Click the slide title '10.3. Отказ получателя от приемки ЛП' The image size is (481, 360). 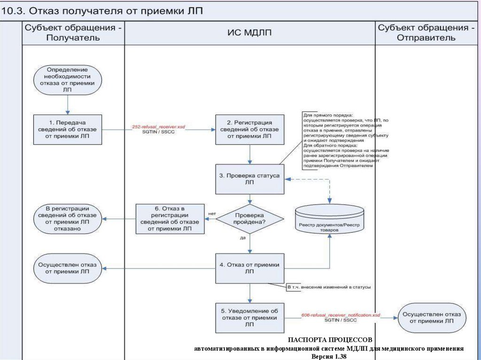(102, 11)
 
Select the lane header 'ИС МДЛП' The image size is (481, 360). (249, 33)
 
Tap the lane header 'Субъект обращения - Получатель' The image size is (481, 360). (73, 33)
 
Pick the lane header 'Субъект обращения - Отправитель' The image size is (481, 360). (426, 33)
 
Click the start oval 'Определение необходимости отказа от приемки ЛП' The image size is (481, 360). (68, 79)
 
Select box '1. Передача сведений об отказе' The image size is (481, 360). (68, 129)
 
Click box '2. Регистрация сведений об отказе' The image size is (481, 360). (250, 129)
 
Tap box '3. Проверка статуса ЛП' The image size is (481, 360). (250, 179)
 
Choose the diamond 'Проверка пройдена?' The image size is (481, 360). (250, 218)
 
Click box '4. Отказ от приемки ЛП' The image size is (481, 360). (250, 268)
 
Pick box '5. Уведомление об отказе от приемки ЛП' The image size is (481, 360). (250, 318)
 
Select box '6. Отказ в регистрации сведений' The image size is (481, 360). (170, 219)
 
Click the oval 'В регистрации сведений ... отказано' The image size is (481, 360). (68, 218)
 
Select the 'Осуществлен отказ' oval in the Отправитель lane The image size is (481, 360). (432, 317)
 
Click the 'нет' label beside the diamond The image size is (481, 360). (212, 214)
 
